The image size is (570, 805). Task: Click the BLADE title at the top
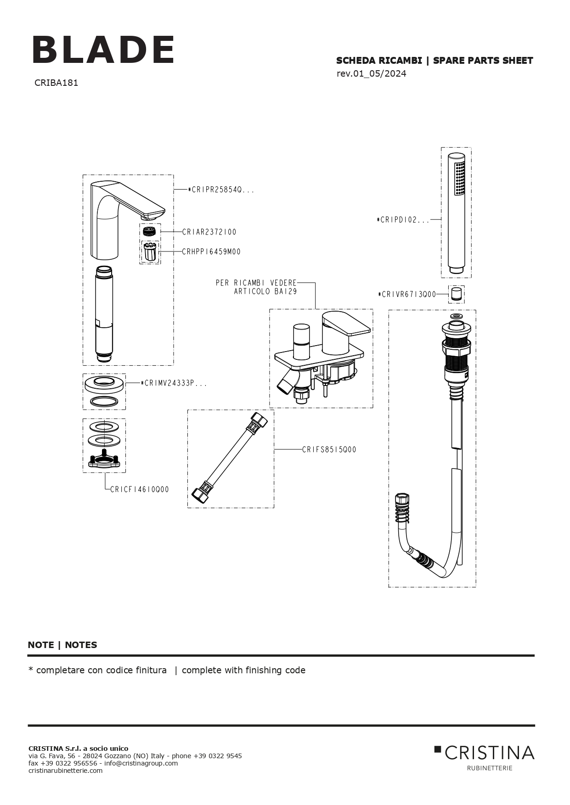pos(103,50)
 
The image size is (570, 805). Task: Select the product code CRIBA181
pos(56,83)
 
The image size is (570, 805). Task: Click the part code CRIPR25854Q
pos(221,190)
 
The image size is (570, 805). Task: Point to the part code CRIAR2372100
pos(209,232)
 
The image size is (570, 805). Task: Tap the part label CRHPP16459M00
pos(211,252)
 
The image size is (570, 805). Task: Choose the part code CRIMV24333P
pos(174,383)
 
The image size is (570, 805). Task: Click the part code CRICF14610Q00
pos(140,490)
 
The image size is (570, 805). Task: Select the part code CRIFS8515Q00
pos(329,450)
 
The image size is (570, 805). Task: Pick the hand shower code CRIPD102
pos(403,220)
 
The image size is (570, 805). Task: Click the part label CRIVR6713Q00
pos(407,295)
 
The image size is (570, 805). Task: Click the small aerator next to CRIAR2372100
pos(150,231)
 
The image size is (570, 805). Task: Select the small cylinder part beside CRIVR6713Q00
pos(456,294)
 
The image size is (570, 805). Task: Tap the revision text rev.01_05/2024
pos(371,74)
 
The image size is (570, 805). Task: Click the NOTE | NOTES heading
pos(62,645)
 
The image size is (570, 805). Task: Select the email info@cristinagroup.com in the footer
pos(141,763)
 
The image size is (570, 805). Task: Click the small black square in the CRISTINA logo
pos(438,749)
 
